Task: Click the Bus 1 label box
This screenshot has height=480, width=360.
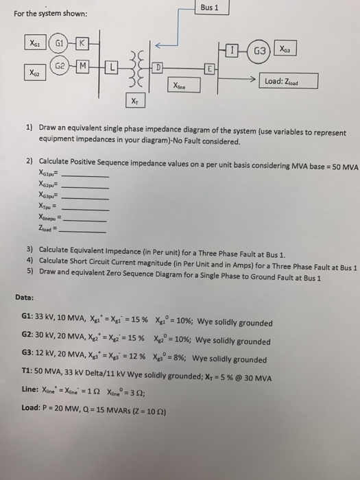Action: click(211, 9)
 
